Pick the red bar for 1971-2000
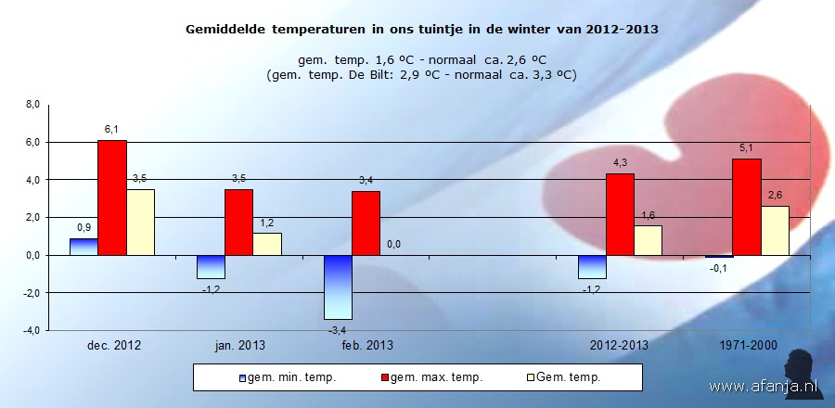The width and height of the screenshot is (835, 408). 747,206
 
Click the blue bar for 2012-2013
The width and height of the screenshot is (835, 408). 592,266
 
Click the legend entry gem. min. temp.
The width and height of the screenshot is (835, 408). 288,377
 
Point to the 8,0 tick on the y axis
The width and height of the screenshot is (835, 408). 32,105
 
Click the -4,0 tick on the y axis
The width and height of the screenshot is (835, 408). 31,330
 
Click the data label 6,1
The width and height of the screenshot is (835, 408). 111,130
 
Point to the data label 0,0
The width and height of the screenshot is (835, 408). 393,244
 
